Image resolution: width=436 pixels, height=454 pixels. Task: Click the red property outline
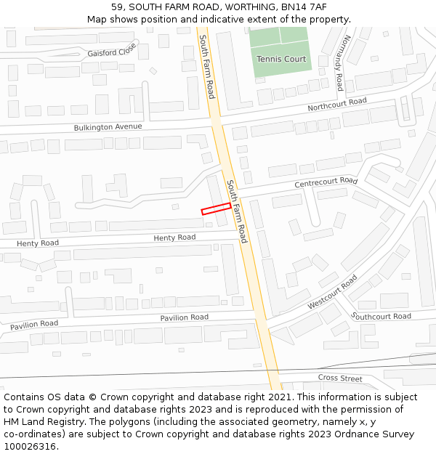point(216,208)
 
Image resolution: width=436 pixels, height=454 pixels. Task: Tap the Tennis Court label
point(281,59)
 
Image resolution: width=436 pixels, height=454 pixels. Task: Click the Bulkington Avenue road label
point(108,127)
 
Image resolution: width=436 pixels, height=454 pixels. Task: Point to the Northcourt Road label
point(337,105)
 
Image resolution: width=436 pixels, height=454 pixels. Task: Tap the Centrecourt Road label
point(326,182)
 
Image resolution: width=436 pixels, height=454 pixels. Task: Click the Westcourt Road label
point(332,292)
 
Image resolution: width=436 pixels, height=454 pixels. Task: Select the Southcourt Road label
point(381,316)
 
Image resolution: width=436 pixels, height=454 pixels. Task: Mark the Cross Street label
point(340,378)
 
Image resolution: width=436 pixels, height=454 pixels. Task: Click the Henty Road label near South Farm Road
point(174,238)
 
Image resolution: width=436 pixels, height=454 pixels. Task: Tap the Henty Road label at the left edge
point(37,243)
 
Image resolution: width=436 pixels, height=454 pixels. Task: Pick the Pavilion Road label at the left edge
point(33,323)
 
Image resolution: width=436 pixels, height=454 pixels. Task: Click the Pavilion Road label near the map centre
point(184,317)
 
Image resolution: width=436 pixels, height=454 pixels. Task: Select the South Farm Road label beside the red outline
point(237,211)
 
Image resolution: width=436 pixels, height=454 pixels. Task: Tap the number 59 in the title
point(117,7)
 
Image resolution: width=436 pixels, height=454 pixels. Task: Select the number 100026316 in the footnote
point(30,446)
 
